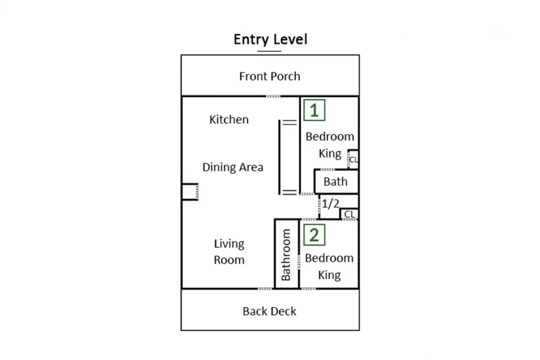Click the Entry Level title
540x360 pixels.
pyautogui.click(x=271, y=39)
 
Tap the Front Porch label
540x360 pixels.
pyautogui.click(x=269, y=76)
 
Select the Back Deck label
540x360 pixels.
pyautogui.click(x=269, y=311)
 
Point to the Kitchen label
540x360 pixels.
pyautogui.click(x=229, y=119)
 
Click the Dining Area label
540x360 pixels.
pyautogui.click(x=233, y=167)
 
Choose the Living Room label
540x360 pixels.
pyautogui.click(x=229, y=252)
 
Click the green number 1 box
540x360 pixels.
pyautogui.click(x=314, y=110)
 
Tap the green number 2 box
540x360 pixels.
pyautogui.click(x=314, y=235)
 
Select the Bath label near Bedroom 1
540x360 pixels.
pyautogui.click(x=335, y=181)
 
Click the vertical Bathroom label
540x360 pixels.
pyautogui.click(x=286, y=255)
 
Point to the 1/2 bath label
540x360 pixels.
pyautogui.click(x=330, y=203)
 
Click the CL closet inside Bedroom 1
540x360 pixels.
pyautogui.click(x=353, y=159)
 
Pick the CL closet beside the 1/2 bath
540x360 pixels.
pyautogui.click(x=349, y=214)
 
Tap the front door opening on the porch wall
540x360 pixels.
pyautogui.click(x=273, y=96)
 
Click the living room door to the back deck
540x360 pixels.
pyautogui.click(x=265, y=289)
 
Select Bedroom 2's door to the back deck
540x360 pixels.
pyautogui.click(x=308, y=289)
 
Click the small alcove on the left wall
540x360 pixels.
pyautogui.click(x=190, y=192)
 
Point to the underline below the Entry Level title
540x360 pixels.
pyautogui.click(x=269, y=51)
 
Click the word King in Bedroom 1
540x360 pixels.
pyautogui.click(x=330, y=153)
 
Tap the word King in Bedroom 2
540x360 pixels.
pyautogui.click(x=329, y=275)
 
